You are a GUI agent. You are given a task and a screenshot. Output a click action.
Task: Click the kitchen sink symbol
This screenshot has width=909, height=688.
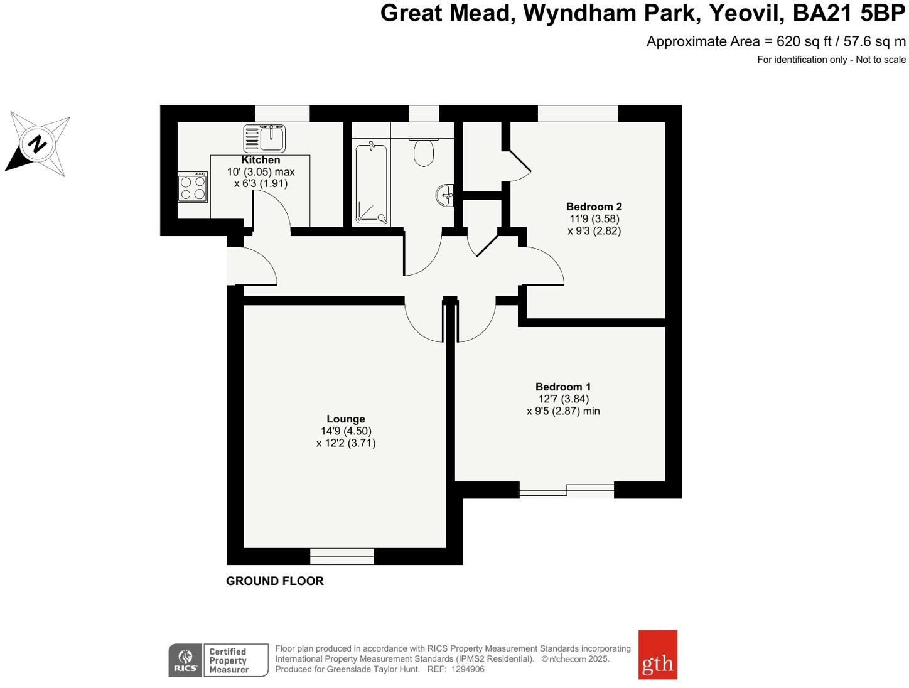tap(264, 138)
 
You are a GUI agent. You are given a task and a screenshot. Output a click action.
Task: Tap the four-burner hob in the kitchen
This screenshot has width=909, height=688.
tap(193, 187)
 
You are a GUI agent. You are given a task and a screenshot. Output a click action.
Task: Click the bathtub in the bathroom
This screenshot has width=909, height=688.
tap(372, 183)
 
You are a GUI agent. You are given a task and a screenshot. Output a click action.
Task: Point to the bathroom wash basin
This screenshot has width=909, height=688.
tap(445, 195)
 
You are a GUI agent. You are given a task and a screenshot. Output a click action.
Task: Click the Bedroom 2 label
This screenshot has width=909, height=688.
tap(594, 207)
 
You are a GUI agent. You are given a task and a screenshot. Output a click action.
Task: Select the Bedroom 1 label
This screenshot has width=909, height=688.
tap(563, 387)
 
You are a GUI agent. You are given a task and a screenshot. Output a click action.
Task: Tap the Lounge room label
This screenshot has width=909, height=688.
tap(345, 419)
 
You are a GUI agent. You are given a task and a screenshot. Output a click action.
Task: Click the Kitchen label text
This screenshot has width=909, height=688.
tap(261, 160)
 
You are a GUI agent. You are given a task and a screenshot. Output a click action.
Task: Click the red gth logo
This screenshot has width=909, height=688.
tap(657, 655)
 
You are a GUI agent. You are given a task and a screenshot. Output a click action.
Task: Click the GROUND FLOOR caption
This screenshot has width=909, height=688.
tap(275, 581)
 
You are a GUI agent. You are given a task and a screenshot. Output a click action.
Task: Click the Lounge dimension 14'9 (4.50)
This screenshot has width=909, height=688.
tap(346, 431)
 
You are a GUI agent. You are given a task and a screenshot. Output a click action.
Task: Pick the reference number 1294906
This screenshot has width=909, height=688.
tap(468, 669)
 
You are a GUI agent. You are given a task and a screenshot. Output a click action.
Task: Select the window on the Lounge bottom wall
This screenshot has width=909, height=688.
tap(342, 556)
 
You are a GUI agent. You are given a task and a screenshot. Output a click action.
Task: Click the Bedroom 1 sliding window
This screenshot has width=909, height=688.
tap(567, 490)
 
